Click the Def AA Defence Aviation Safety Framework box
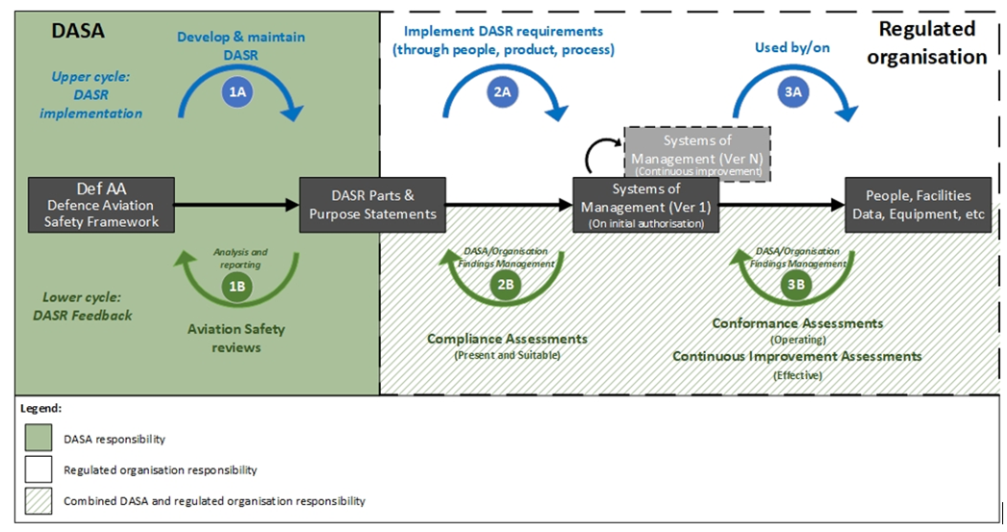tap(102, 204)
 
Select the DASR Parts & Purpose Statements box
tap(372, 204)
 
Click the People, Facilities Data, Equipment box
tap(918, 204)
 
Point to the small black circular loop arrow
tap(602, 154)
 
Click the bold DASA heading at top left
tap(77, 31)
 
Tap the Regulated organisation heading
tap(926, 42)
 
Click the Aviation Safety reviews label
tap(237, 338)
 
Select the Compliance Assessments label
tap(507, 339)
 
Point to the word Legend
tap(41, 408)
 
